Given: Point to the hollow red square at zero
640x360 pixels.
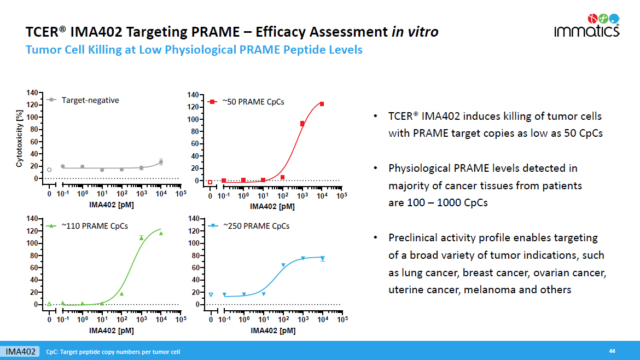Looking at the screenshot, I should click(210, 182).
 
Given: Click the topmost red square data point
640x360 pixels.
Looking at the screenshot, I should click(322, 104).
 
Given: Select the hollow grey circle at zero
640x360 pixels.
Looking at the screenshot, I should click(49, 170).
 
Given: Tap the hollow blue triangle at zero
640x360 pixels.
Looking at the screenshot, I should click(211, 295).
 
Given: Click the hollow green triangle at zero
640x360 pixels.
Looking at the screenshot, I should click(49, 304).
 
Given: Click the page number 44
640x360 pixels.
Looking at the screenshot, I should click(612, 351).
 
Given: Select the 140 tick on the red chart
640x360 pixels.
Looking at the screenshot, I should click(193, 95).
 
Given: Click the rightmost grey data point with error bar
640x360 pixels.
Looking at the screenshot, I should click(161, 162).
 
